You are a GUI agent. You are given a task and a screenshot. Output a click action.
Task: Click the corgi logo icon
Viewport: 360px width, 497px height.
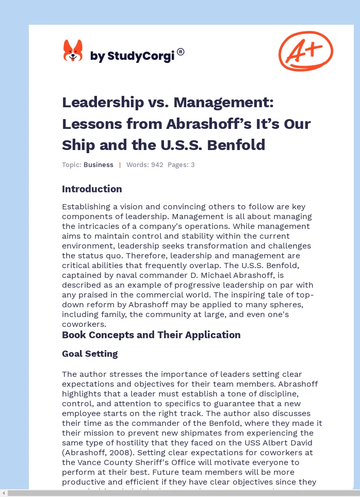[73, 52]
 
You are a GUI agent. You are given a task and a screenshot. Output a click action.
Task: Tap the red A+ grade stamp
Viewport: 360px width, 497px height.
[306, 51]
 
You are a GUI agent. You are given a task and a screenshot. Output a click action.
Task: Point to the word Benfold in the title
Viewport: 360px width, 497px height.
[237, 145]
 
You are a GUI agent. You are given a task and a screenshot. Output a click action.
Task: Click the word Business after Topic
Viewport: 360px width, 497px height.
[99, 165]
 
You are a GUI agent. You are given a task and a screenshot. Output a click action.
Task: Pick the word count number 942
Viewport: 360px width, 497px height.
[157, 165]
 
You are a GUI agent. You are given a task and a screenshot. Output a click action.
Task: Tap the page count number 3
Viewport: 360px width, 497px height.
[192, 165]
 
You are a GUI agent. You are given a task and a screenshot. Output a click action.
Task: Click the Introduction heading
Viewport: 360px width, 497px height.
[92, 189]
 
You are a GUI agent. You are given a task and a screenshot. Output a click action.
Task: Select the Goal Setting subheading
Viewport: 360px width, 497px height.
[90, 354]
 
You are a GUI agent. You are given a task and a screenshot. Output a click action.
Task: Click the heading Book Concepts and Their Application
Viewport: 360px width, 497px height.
[151, 335]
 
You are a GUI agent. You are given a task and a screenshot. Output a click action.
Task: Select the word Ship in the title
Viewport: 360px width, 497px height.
[78, 145]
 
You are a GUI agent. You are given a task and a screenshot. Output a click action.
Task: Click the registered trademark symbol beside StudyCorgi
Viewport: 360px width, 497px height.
[181, 52]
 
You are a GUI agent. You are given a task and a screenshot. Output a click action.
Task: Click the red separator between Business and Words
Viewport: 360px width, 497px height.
[120, 165]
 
